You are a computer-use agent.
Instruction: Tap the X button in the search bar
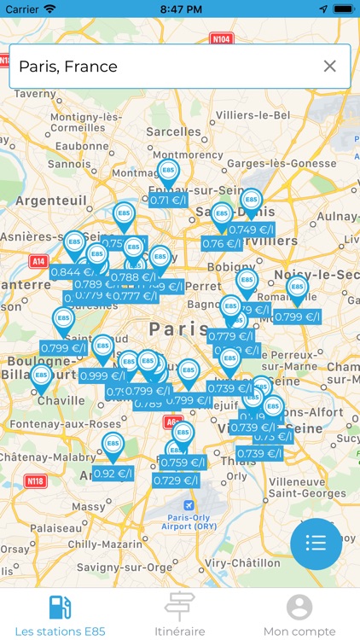pyautogui.click(x=329, y=67)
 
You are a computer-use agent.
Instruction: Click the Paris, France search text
pyautogui.click(x=68, y=67)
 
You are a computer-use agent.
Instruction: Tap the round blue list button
pyautogui.click(x=316, y=543)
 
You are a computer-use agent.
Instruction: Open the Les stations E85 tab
pyautogui.click(x=61, y=615)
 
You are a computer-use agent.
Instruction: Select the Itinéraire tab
pyautogui.click(x=179, y=615)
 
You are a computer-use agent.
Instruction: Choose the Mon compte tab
pyautogui.click(x=299, y=615)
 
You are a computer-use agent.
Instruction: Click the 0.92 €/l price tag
pyautogui.click(x=113, y=474)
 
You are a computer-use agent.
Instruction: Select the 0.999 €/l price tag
pyautogui.click(x=102, y=375)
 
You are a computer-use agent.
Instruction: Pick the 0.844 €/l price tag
pyautogui.click(x=71, y=272)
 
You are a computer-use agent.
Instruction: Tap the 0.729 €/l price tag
pyautogui.click(x=176, y=480)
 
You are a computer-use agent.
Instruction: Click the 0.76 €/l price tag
pyautogui.click(x=218, y=243)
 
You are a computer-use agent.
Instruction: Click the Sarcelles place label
pyautogui.click(x=173, y=131)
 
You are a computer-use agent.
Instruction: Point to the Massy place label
pyautogui.click(x=87, y=507)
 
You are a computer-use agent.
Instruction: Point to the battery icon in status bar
pyautogui.click(x=340, y=9)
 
